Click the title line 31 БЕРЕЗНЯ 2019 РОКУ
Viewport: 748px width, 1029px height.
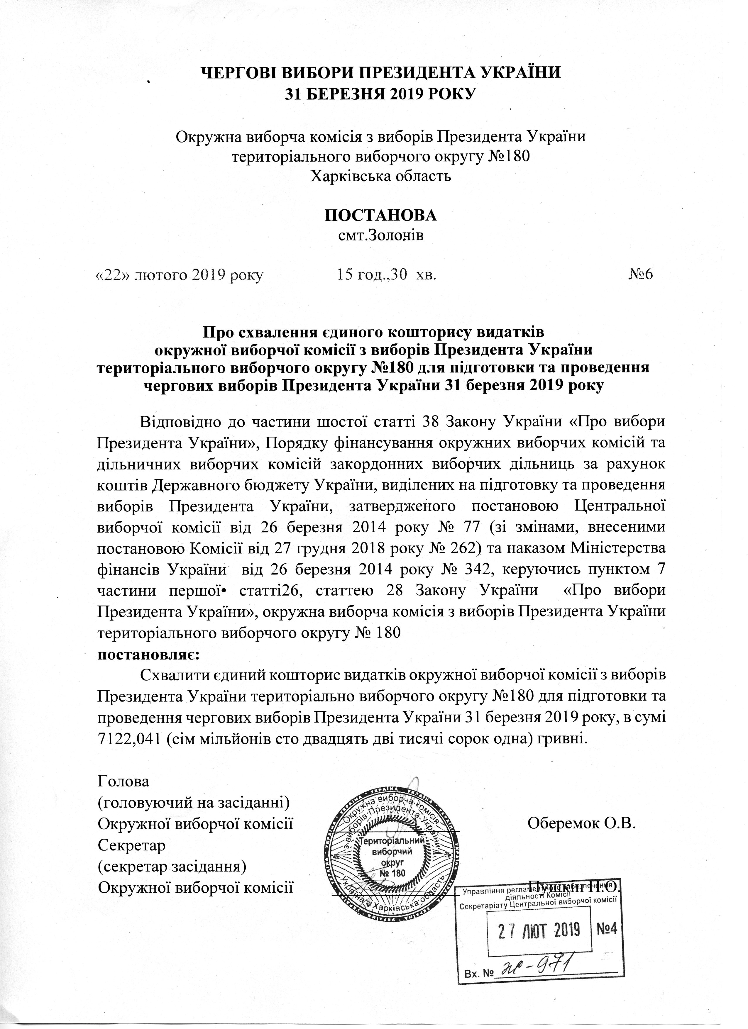click(380, 94)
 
